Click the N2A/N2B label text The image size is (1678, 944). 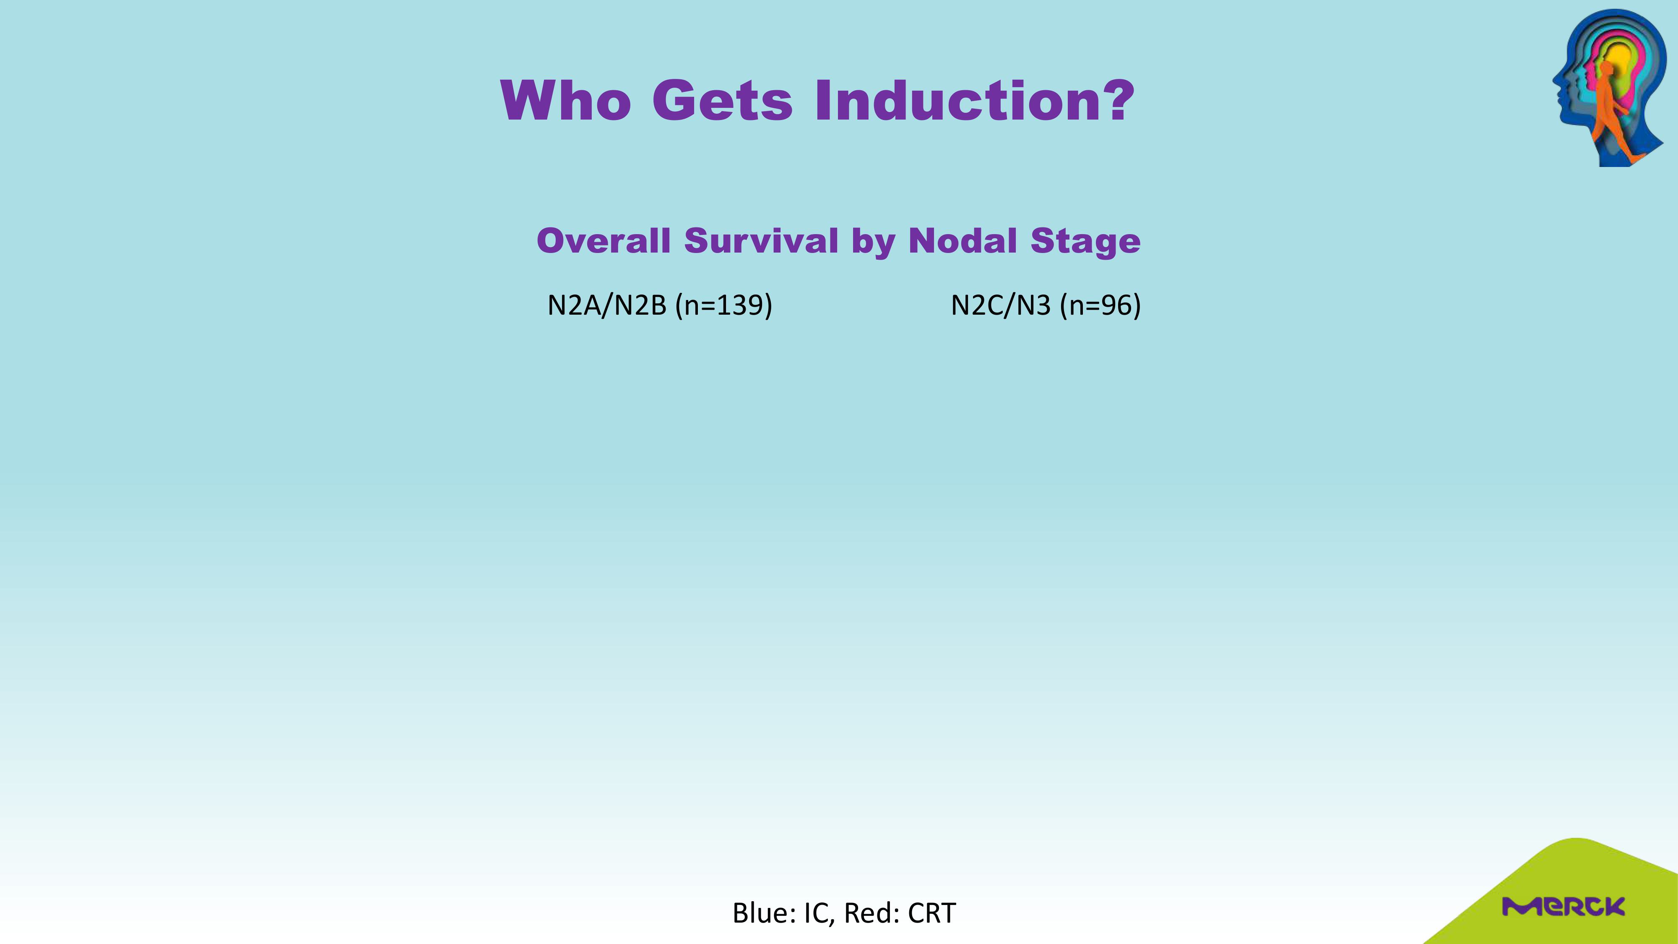coord(606,305)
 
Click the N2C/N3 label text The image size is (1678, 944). coord(1001,305)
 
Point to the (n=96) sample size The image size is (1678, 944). coord(1100,305)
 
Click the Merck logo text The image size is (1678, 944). coord(1564,906)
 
